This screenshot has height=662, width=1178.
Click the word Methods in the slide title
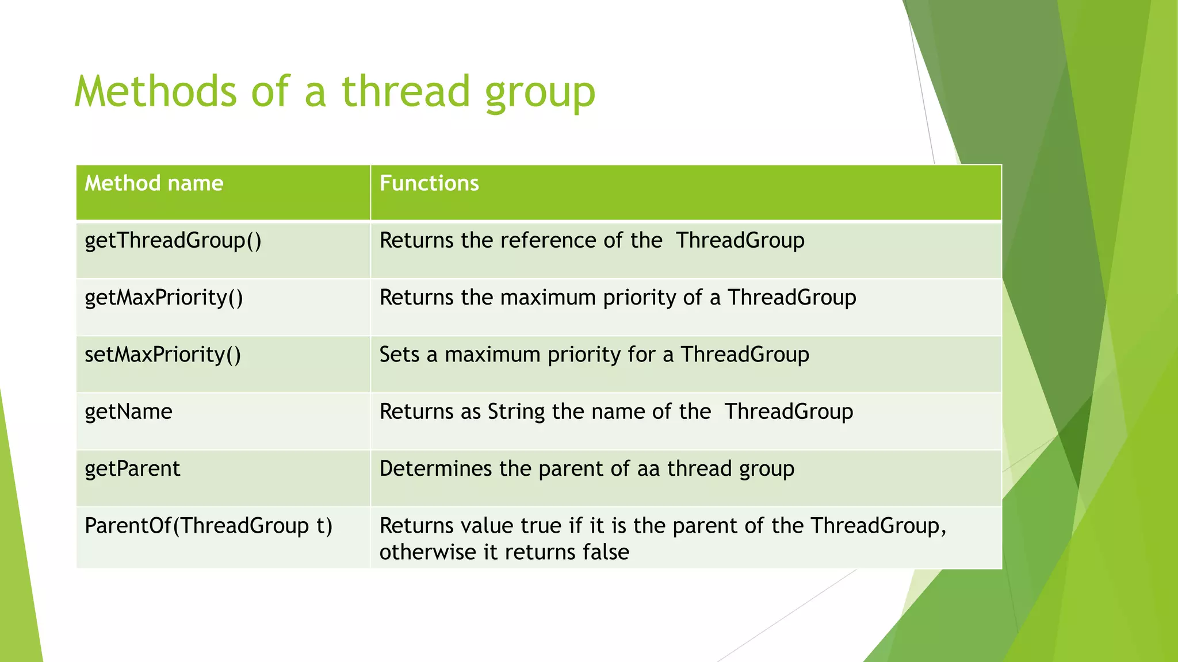pyautogui.click(x=155, y=92)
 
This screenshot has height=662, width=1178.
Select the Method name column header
pyautogui.click(x=154, y=183)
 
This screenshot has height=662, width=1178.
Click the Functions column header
pyautogui.click(x=429, y=183)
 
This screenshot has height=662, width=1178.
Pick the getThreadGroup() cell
pyautogui.click(x=173, y=241)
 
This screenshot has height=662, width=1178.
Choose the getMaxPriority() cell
pyautogui.click(x=164, y=298)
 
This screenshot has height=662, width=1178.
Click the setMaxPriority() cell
pyautogui.click(x=163, y=355)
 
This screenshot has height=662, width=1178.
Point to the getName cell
pyautogui.click(x=128, y=412)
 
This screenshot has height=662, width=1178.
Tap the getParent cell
pyautogui.click(x=132, y=469)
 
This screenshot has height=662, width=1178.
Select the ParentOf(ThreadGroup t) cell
pyautogui.click(x=208, y=526)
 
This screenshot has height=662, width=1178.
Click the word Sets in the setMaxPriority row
pyautogui.click(x=399, y=355)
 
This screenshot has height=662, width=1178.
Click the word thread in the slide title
pyautogui.click(x=406, y=92)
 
